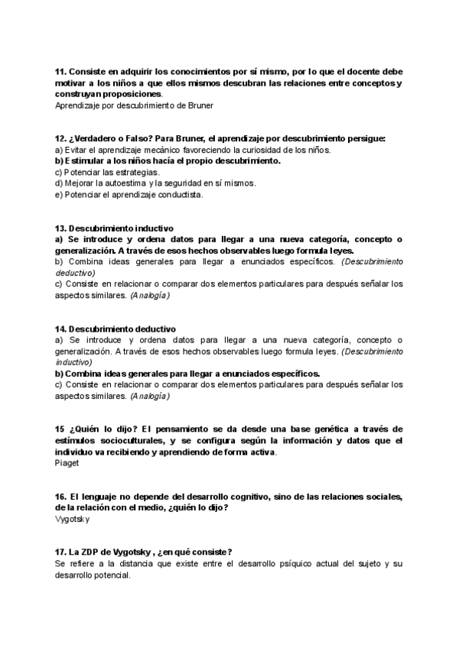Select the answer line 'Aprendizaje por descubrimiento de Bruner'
pyautogui.click(x=134, y=105)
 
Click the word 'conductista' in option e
pyautogui.click(x=181, y=194)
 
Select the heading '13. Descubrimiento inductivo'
pyautogui.click(x=114, y=228)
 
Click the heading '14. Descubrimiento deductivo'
pyautogui.click(x=115, y=329)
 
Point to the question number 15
pyautogui.click(x=60, y=429)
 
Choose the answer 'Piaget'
pyautogui.click(x=67, y=463)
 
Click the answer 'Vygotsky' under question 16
pyautogui.click(x=73, y=519)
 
